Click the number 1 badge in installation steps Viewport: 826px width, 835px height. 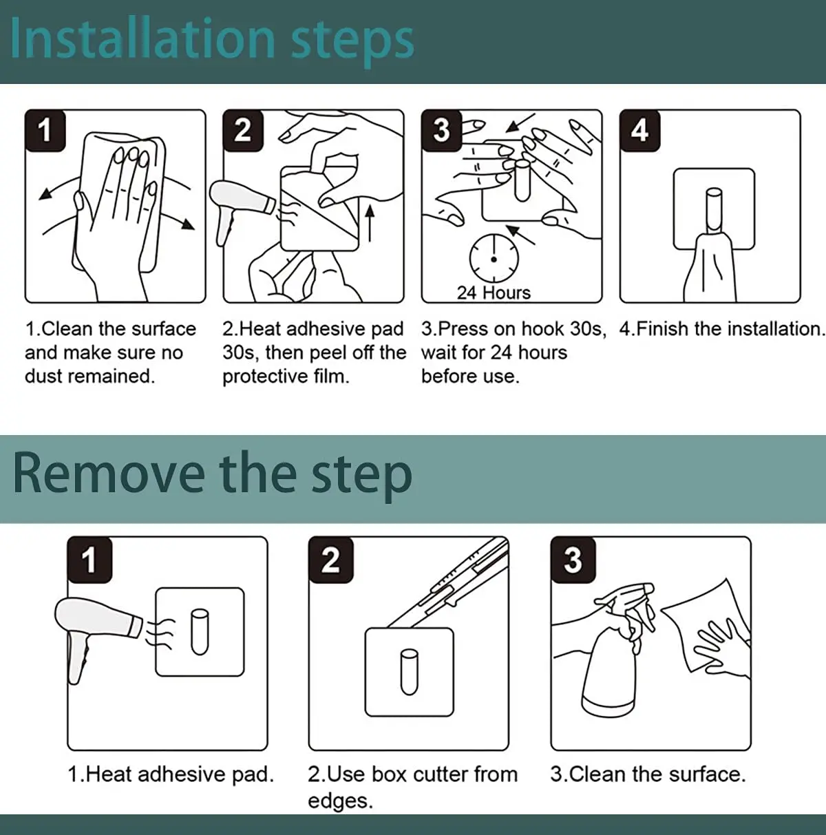[45, 130]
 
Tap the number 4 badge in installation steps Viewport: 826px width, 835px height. [640, 130]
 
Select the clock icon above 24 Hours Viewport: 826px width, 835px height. [494, 259]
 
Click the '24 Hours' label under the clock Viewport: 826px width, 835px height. [494, 293]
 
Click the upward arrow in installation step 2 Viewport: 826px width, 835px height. [369, 223]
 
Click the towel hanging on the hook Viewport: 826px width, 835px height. [710, 268]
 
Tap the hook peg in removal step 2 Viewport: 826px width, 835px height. [409, 672]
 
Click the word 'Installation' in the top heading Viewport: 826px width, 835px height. [143, 40]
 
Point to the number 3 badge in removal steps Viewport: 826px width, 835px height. [573, 560]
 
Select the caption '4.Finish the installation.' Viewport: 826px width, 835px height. [721, 329]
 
